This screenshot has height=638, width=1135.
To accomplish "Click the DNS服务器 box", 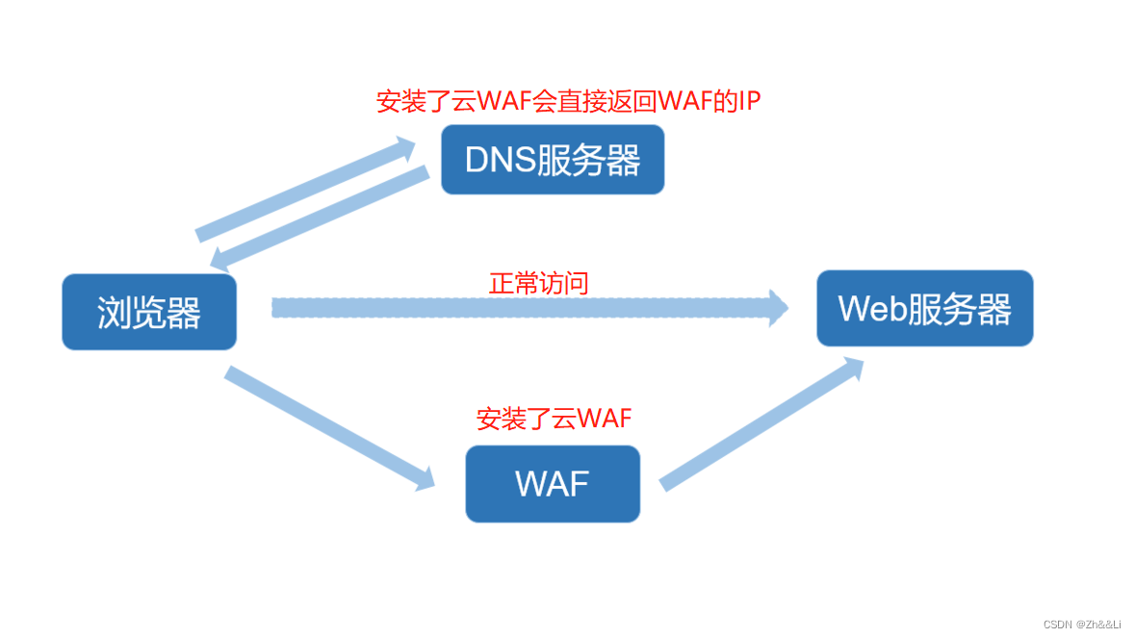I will click(x=553, y=160).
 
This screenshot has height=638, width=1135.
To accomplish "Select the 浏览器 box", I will click(x=149, y=312).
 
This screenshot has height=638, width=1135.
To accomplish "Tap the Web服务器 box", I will click(x=924, y=309).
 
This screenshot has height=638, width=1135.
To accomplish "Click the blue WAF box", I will click(x=553, y=483).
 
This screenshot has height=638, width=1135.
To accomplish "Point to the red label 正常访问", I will click(x=538, y=283).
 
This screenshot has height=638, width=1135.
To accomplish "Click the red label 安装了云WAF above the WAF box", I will click(x=554, y=419).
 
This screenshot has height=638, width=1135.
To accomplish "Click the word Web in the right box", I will click(x=872, y=309).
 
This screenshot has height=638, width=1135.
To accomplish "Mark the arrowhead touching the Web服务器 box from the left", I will click(x=777, y=308).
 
